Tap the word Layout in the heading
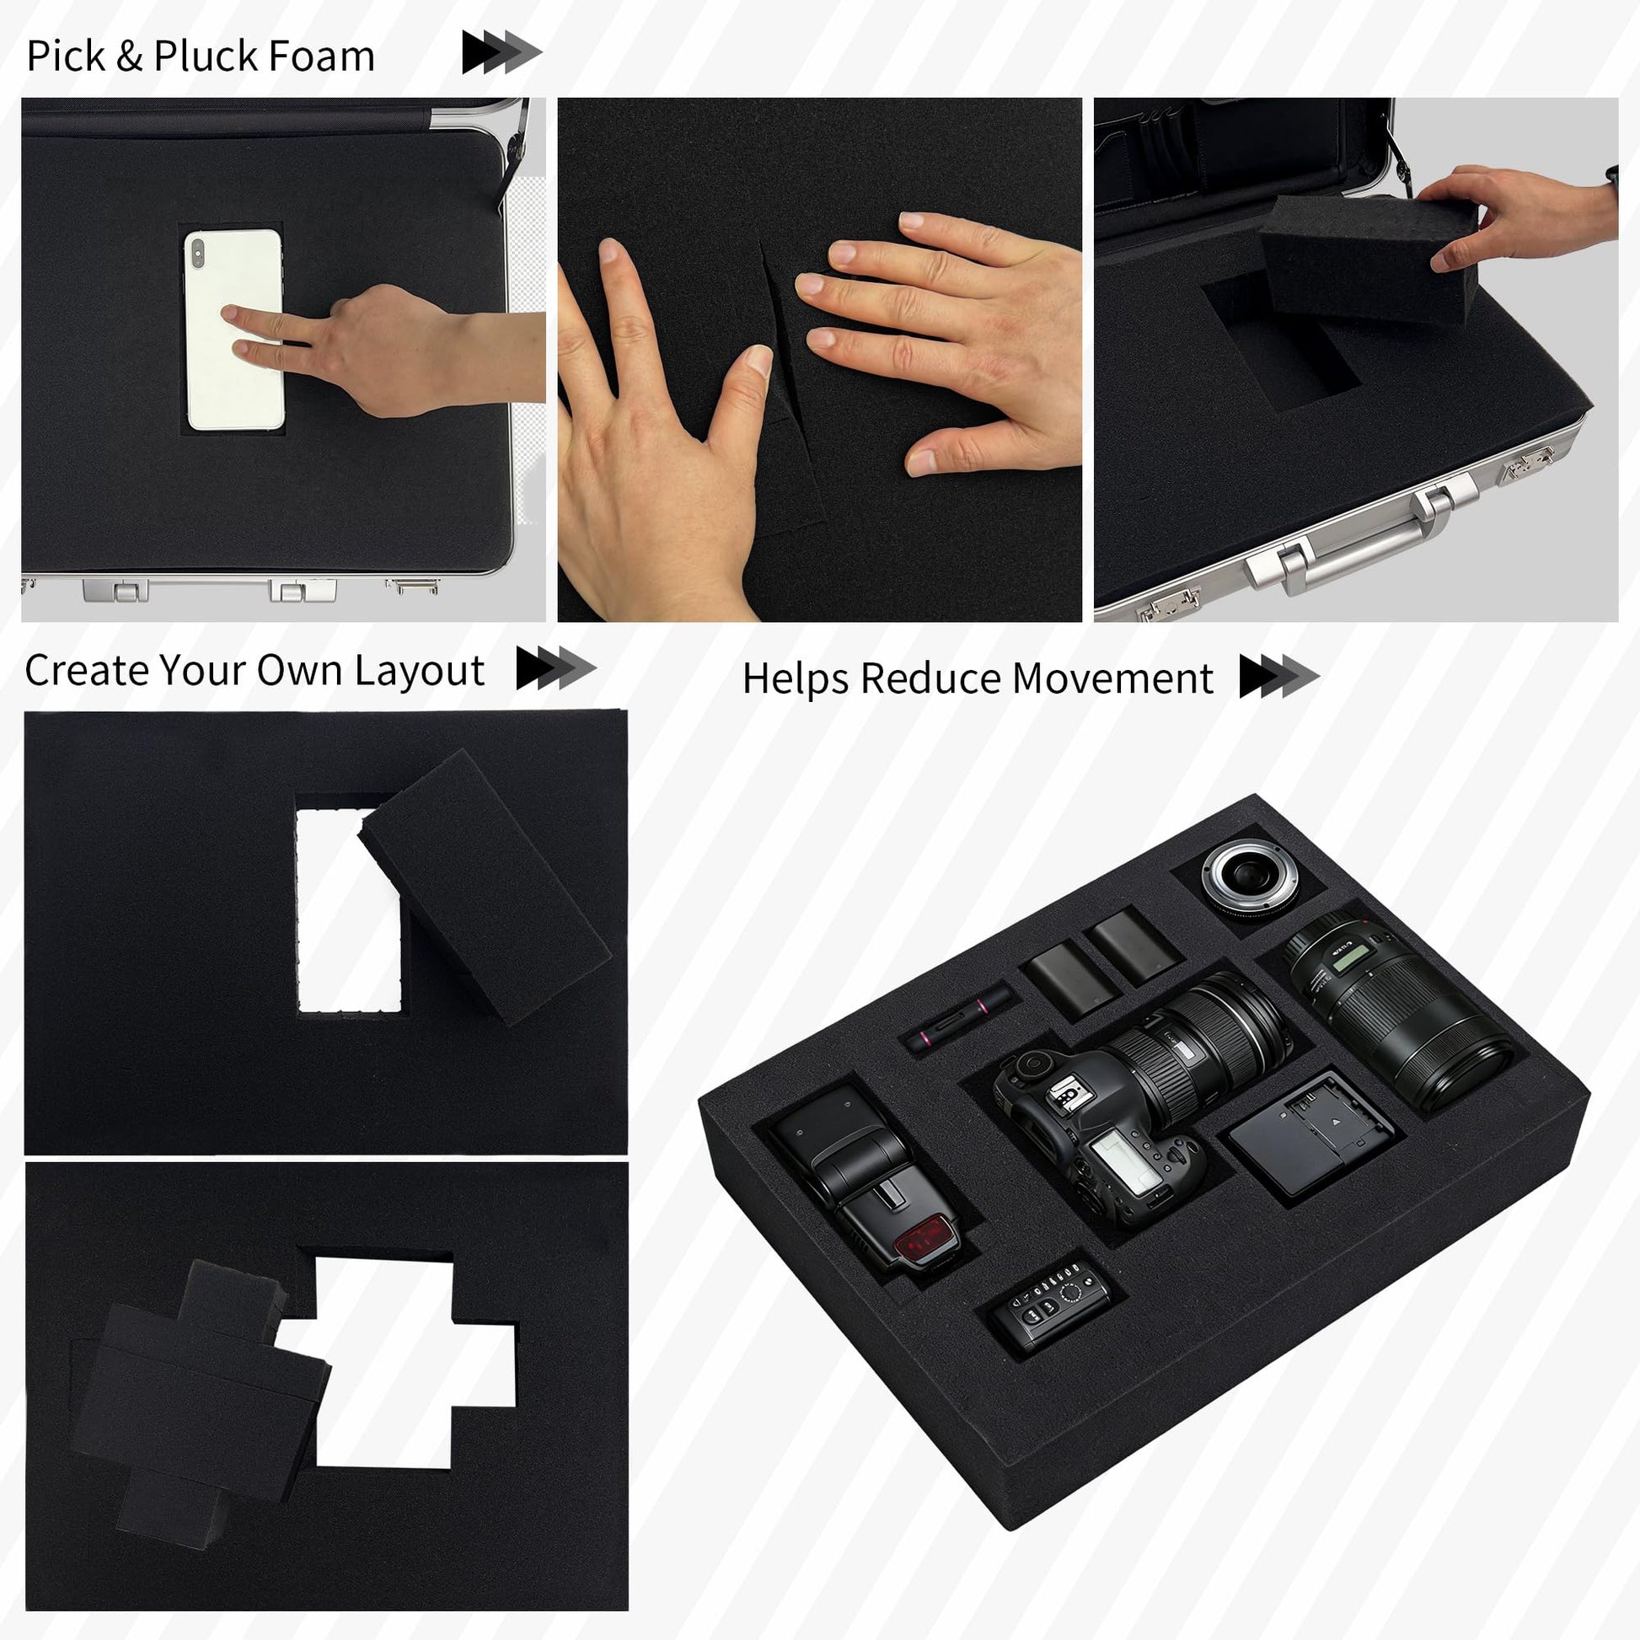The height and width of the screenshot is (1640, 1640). coord(420,672)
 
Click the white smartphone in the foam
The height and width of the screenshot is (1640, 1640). coord(233,330)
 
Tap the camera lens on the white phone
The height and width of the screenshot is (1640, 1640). coord(198,253)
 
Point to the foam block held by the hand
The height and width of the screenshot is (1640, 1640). coord(1369,256)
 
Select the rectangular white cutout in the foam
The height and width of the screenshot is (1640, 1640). coord(348,912)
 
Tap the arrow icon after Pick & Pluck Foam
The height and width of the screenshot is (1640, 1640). coord(501,51)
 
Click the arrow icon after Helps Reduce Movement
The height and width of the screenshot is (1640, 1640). coord(1278,677)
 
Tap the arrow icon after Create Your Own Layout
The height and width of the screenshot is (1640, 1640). coord(556,668)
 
